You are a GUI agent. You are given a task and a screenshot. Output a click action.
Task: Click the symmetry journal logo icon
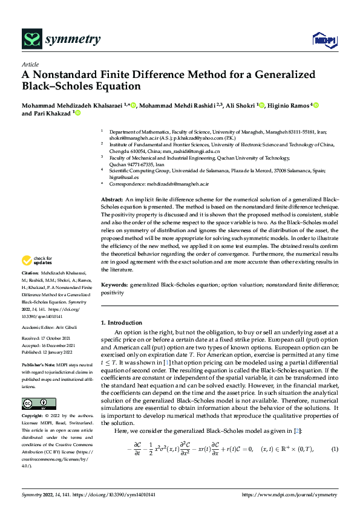tap(31, 41)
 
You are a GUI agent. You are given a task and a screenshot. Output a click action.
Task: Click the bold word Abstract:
tap(111, 199)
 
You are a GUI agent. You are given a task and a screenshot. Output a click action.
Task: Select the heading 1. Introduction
tap(122, 323)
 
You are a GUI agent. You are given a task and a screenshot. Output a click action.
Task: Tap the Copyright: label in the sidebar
tap(34, 400)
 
